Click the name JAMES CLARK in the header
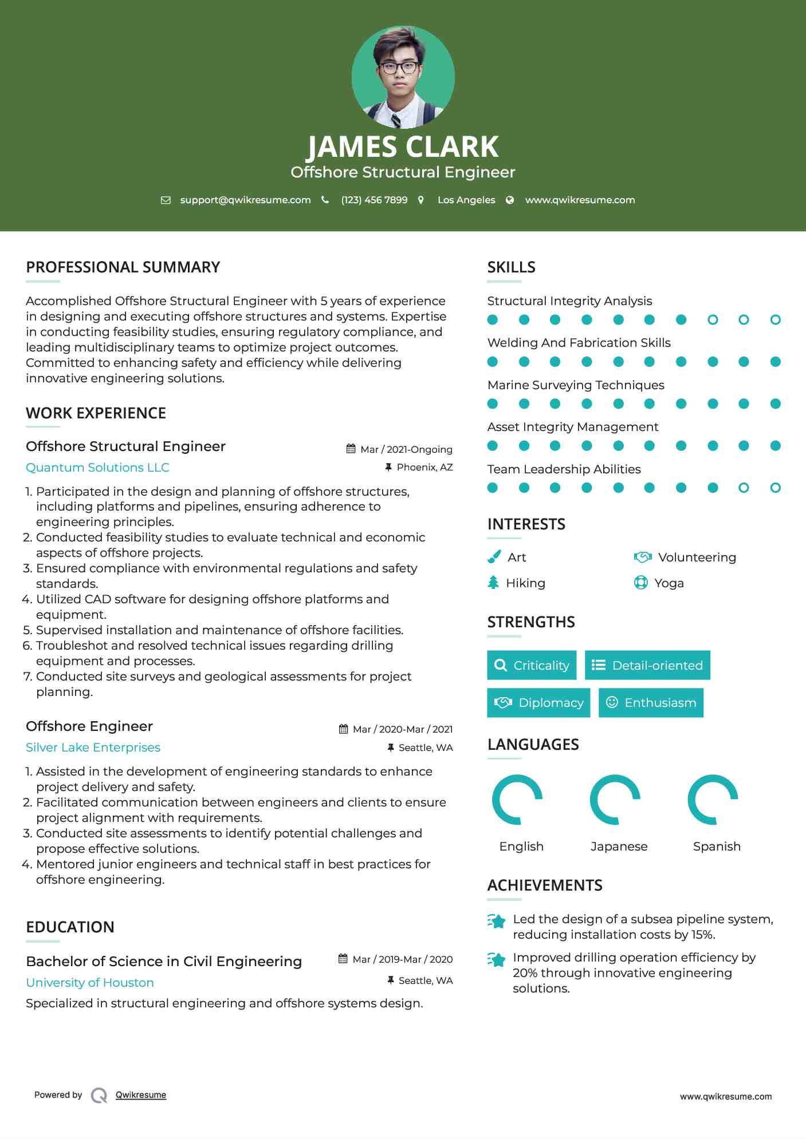403,147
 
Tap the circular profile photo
403,77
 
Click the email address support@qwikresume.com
245,200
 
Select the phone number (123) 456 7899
374,200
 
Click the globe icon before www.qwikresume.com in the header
510,200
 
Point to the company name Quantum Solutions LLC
97,468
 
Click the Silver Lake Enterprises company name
93,748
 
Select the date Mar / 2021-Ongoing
406,449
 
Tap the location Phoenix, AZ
424,468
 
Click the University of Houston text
90,983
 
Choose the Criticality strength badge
532,665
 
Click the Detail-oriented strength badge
647,665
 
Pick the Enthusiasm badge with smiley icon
651,703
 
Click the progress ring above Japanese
615,800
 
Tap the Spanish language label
717,847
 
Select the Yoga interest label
669,583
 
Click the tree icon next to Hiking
493,583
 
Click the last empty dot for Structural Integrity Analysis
775,320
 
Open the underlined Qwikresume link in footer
141,1095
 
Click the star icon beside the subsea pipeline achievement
496,921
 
